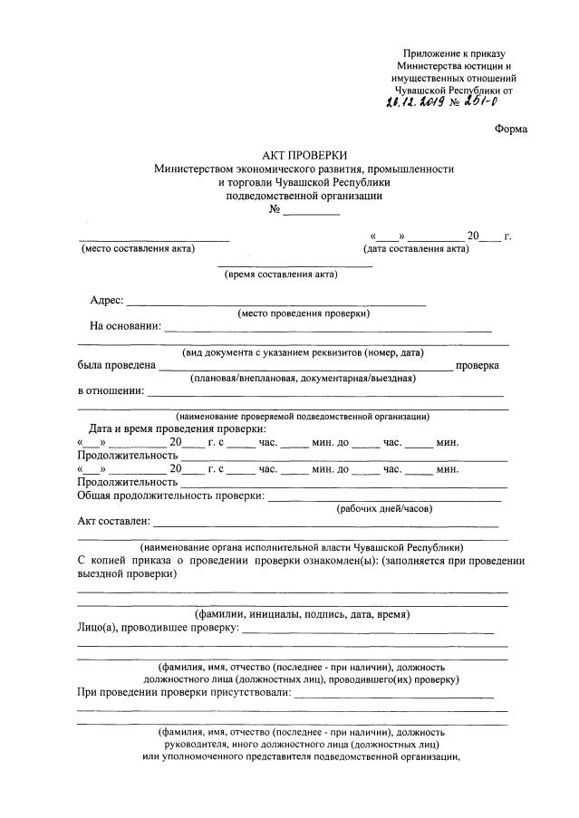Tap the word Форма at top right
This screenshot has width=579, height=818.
point(511,129)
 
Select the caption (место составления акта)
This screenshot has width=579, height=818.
point(138,249)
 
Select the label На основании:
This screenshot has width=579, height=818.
point(125,326)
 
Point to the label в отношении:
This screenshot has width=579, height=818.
point(110,391)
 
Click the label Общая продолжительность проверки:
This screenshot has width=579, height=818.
point(170,496)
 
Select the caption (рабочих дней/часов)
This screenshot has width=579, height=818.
point(384,508)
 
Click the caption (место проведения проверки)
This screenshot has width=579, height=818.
point(304,313)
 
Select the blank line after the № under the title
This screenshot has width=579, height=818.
point(312,211)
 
